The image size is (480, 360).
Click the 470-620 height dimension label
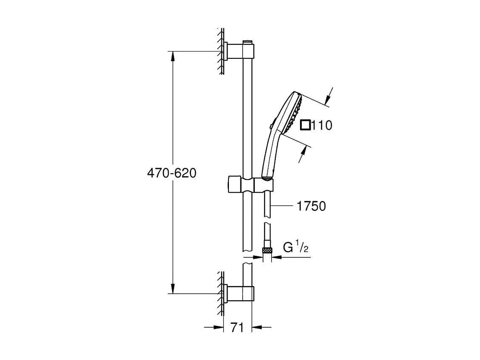[171, 173]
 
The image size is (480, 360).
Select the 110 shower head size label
[321, 125]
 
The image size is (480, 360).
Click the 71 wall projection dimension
[237, 328]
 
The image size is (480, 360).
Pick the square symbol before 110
[305, 125]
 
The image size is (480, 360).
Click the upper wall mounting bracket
[240, 51]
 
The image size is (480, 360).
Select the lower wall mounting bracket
[240, 294]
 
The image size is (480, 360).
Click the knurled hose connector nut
[267, 249]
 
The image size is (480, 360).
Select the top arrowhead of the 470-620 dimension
[172, 55]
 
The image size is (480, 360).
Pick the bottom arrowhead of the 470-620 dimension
[172, 289]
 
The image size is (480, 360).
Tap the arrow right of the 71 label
[257, 328]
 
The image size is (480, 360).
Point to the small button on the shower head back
[271, 126]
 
